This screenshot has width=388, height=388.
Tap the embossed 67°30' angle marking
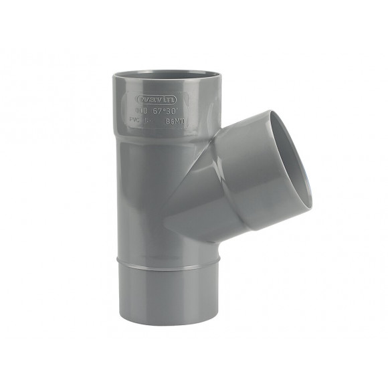162,111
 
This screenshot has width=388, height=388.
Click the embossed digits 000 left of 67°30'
140,111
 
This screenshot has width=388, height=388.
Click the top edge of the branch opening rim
271,112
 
